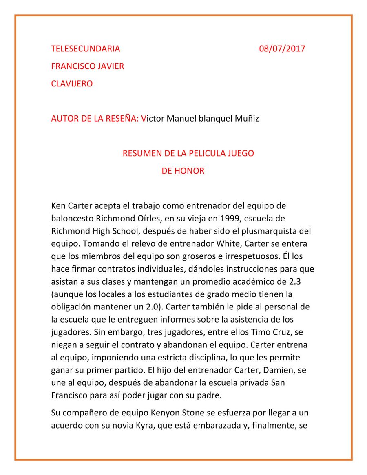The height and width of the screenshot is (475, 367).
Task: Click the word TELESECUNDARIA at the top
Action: tap(86, 49)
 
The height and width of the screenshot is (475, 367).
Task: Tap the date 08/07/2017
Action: tap(282, 49)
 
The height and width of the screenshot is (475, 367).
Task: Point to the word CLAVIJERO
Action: tap(72, 84)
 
